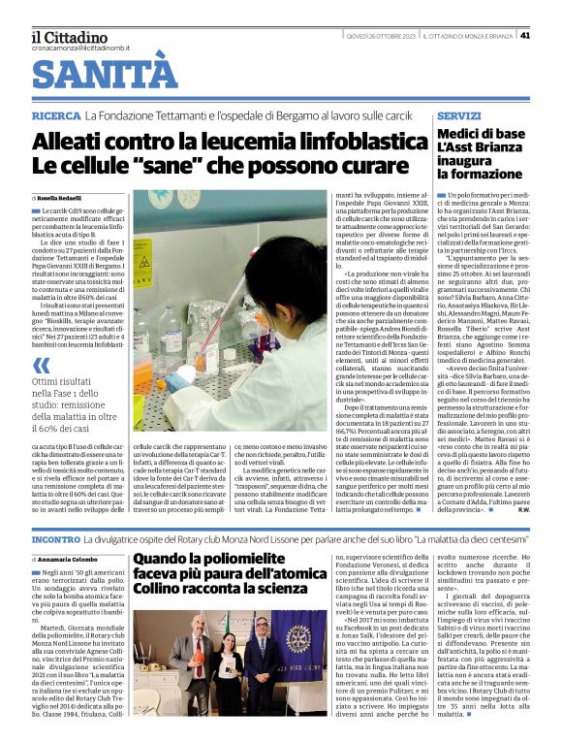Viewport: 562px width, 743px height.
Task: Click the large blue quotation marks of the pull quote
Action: click(x=40, y=366)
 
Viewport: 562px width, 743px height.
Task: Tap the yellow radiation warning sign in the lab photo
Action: click(x=142, y=263)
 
